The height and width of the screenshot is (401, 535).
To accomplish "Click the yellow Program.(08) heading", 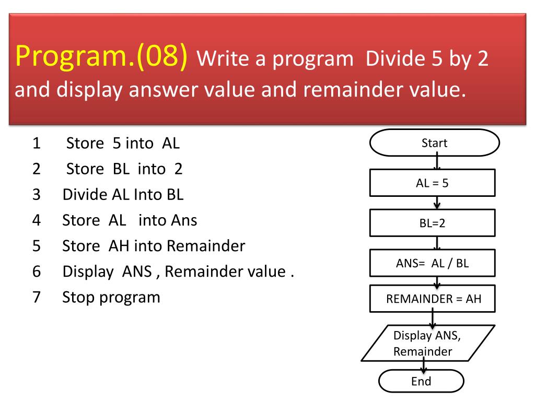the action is click(x=101, y=56).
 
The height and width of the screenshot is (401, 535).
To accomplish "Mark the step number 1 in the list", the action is click(x=37, y=143).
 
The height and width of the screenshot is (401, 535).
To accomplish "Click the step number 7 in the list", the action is click(x=37, y=297).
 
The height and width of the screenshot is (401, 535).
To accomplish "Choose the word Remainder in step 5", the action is click(x=206, y=246).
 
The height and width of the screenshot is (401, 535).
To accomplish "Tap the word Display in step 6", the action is click(x=88, y=272).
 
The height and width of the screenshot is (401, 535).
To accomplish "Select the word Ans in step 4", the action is click(x=184, y=220).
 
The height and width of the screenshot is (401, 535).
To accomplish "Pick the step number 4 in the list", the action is click(x=37, y=220).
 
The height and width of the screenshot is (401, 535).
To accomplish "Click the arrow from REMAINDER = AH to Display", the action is click(x=433, y=317).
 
